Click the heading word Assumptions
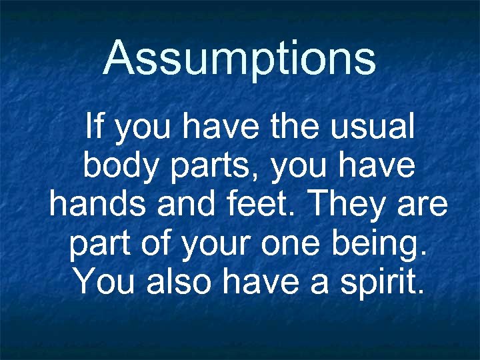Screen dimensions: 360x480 click(240, 58)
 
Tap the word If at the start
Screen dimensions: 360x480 click(95, 127)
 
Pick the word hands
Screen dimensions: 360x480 click(99, 204)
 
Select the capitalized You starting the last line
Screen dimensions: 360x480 click(105, 281)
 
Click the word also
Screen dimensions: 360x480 click(181, 281)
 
